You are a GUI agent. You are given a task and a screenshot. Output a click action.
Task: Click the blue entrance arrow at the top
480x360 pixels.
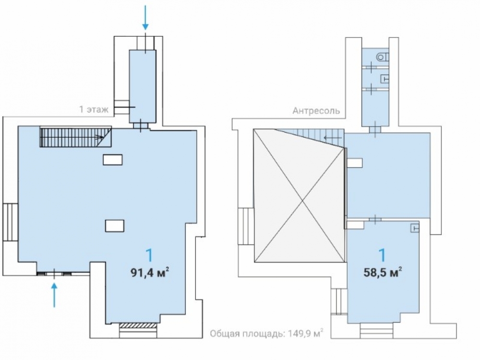[x=145, y=17]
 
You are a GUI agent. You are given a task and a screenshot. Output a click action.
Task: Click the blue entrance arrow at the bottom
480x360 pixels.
[x=54, y=295]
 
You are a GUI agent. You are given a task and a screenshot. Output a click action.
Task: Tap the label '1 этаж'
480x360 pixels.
[x=94, y=109]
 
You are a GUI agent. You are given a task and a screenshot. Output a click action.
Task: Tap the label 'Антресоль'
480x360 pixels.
[x=316, y=110]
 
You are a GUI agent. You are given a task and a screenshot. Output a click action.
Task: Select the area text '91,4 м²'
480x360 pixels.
[x=150, y=272]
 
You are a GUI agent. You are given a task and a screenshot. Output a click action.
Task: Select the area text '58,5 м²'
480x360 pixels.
[x=383, y=272]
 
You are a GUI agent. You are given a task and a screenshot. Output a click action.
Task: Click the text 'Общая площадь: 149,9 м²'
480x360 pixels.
[x=266, y=333]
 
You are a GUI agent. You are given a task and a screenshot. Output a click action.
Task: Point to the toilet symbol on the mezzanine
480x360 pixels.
[x=383, y=57]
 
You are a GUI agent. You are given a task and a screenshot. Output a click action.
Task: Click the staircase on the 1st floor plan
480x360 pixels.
[x=75, y=137]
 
